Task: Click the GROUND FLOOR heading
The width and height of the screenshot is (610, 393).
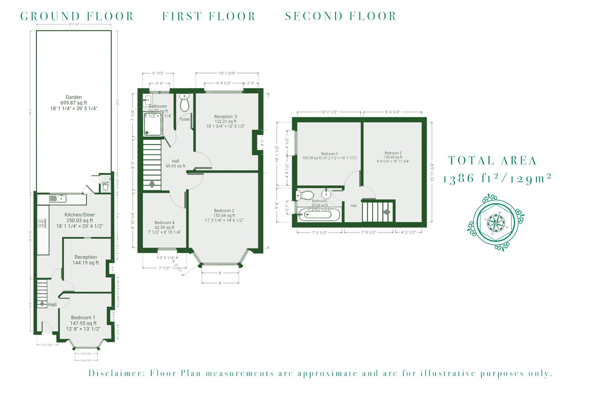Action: tap(77, 16)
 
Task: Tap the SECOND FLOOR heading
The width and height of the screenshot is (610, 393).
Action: tap(340, 16)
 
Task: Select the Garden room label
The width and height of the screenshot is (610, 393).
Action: tap(74, 97)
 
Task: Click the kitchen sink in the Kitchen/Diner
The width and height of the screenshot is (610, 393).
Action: tap(58, 199)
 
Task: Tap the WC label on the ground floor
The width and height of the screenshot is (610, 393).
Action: tap(105, 184)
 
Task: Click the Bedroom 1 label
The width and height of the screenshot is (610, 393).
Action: tap(83, 318)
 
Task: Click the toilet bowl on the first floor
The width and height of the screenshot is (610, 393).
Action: tap(185, 104)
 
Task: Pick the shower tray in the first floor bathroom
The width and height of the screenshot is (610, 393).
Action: tap(153, 126)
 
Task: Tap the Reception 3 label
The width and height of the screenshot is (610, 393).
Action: tap(225, 117)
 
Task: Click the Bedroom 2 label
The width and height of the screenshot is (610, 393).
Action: tap(224, 211)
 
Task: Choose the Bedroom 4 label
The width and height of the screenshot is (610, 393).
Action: tap(164, 223)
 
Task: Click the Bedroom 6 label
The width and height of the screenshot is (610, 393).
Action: tap(329, 154)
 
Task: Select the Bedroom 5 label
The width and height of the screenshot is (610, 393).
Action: tap(393, 154)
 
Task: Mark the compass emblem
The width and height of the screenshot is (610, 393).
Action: tap(495, 222)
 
